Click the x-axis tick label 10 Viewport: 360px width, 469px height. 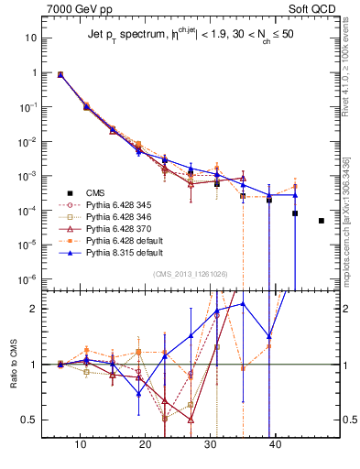pyautogui.click(x=81, y=443)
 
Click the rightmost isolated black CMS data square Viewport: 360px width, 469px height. pyautogui.click(x=322, y=221)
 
